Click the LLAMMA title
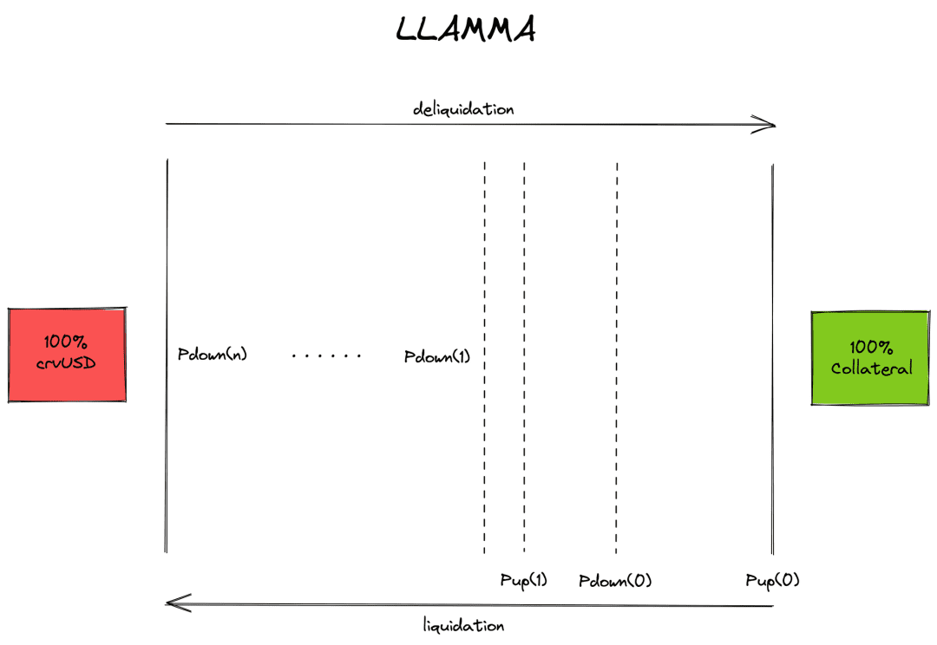[x=466, y=29]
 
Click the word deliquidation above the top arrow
[x=463, y=108]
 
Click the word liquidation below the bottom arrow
[x=463, y=625]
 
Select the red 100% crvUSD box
[x=67, y=355]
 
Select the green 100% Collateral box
[x=870, y=358]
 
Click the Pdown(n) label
[x=213, y=355]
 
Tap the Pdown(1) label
[x=436, y=356]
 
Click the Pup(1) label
[x=523, y=580]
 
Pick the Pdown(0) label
[x=615, y=581]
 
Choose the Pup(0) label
[x=772, y=580]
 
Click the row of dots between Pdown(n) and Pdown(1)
[x=326, y=356]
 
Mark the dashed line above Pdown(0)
[x=617, y=358]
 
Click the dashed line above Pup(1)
[x=524, y=357]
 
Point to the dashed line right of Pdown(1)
[x=485, y=357]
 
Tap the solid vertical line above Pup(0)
[x=773, y=360]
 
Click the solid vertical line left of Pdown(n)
[x=167, y=356]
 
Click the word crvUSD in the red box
[x=66, y=363]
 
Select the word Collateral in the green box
[x=871, y=368]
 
